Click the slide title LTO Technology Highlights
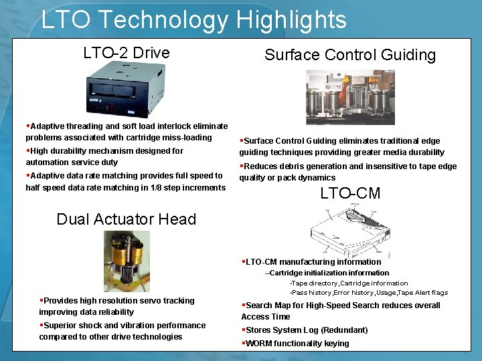193,19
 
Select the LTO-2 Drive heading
127,53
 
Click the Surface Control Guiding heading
349,55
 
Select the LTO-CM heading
350,194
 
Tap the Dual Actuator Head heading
127,219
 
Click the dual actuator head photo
127,261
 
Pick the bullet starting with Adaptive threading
127,132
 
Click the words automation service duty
72,162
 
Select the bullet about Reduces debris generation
348,172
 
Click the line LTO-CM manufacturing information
313,262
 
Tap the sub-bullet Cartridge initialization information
329,273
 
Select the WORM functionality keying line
297,344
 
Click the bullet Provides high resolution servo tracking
117,306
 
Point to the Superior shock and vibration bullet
123,331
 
